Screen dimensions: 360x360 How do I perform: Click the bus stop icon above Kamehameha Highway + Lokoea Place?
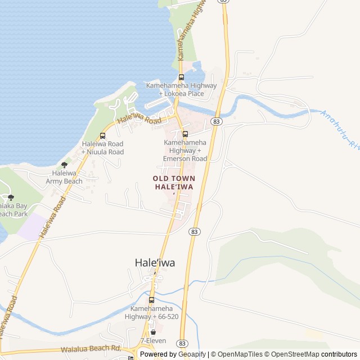point(181,78)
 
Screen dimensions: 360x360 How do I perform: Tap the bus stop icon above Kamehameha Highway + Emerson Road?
point(185,134)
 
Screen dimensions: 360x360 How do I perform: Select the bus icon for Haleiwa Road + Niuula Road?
point(102,136)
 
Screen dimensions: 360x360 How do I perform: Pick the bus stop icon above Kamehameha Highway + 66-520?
point(151,300)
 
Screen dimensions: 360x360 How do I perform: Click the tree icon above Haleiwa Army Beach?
point(64,165)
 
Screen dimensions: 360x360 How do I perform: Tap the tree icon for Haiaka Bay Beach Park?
point(11,197)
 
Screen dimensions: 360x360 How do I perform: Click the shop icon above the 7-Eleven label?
point(153,332)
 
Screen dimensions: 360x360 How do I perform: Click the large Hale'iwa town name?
point(155,262)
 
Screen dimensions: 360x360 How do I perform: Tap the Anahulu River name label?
point(339,130)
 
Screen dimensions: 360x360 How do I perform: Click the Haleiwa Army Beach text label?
point(64,177)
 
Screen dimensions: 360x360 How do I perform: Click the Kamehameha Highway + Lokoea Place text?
point(181,89)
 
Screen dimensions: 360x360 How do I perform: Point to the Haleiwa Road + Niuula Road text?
point(102,148)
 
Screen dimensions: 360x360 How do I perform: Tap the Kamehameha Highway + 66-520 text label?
point(152,313)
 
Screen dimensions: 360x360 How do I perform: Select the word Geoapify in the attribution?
point(192,354)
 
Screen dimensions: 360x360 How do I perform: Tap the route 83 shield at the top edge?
point(224,2)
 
